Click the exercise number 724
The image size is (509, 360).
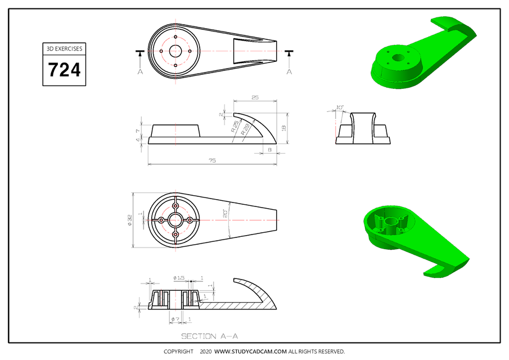[64, 70]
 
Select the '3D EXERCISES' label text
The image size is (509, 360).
[64, 48]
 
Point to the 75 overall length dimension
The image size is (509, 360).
[212, 160]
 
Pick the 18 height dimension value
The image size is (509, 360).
[285, 128]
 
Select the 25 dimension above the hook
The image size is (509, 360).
[255, 98]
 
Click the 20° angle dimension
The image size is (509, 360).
[226, 214]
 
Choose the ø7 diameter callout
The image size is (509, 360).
[175, 319]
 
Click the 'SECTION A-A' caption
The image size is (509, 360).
[209, 336]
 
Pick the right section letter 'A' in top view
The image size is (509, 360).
[290, 71]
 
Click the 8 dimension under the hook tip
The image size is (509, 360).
[270, 150]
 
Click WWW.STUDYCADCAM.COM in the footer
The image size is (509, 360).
[251, 352]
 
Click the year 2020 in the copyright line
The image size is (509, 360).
[205, 352]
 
